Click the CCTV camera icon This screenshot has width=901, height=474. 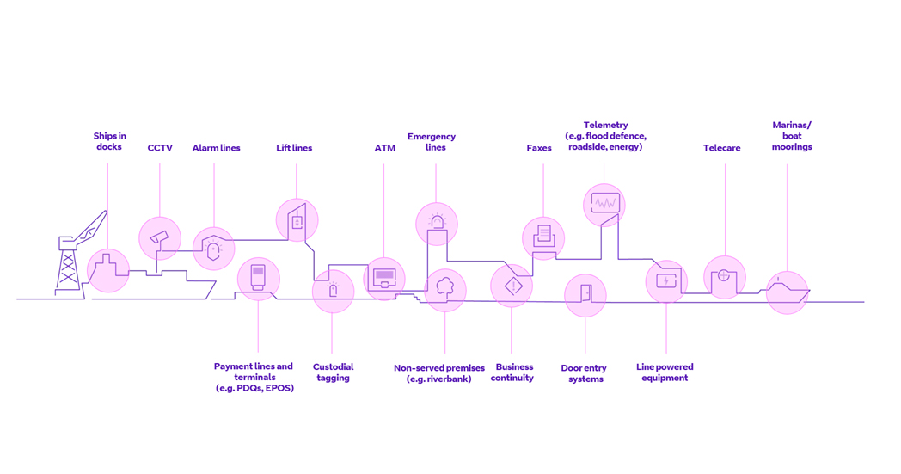click(x=160, y=238)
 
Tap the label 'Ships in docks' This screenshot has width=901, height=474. click(x=109, y=141)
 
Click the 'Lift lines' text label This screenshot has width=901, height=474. click(x=294, y=148)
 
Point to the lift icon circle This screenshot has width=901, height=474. click(x=297, y=220)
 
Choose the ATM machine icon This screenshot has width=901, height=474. click(x=384, y=278)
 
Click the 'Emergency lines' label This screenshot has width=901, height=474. click(x=432, y=142)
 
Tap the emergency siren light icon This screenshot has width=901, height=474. click(x=437, y=224)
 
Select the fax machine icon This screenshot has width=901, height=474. click(x=543, y=236)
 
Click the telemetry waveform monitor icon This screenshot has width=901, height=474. click(x=604, y=205)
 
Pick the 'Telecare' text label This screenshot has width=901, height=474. click(x=721, y=148)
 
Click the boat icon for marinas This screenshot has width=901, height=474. click(x=787, y=292)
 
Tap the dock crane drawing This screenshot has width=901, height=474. click(x=76, y=254)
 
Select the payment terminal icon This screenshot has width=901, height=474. click(x=258, y=278)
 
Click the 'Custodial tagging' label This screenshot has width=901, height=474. click(x=333, y=372)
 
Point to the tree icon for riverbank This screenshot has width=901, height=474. click(x=445, y=289)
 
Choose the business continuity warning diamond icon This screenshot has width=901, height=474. click(x=512, y=286)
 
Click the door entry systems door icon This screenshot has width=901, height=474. click(x=585, y=294)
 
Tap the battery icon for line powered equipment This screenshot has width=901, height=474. click(x=666, y=280)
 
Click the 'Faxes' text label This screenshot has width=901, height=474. click(x=539, y=148)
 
